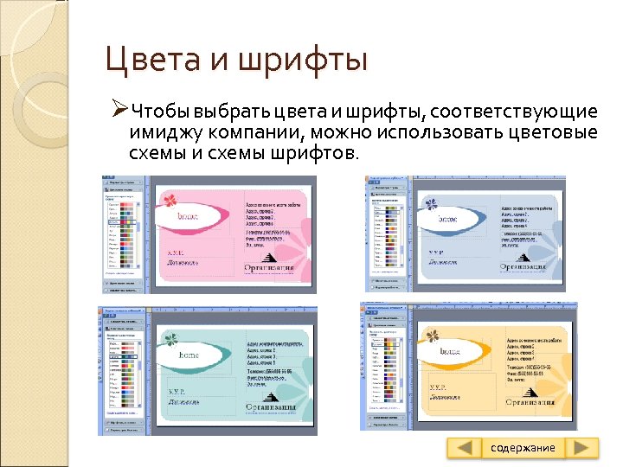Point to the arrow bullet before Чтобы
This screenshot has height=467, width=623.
[x=120, y=112]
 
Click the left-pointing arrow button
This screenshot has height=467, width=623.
[x=465, y=448]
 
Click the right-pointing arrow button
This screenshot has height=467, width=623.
[x=582, y=448]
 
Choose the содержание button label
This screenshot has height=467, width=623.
[x=523, y=448]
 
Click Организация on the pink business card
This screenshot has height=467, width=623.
[x=270, y=267]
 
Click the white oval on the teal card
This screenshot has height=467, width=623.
[x=189, y=355]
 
